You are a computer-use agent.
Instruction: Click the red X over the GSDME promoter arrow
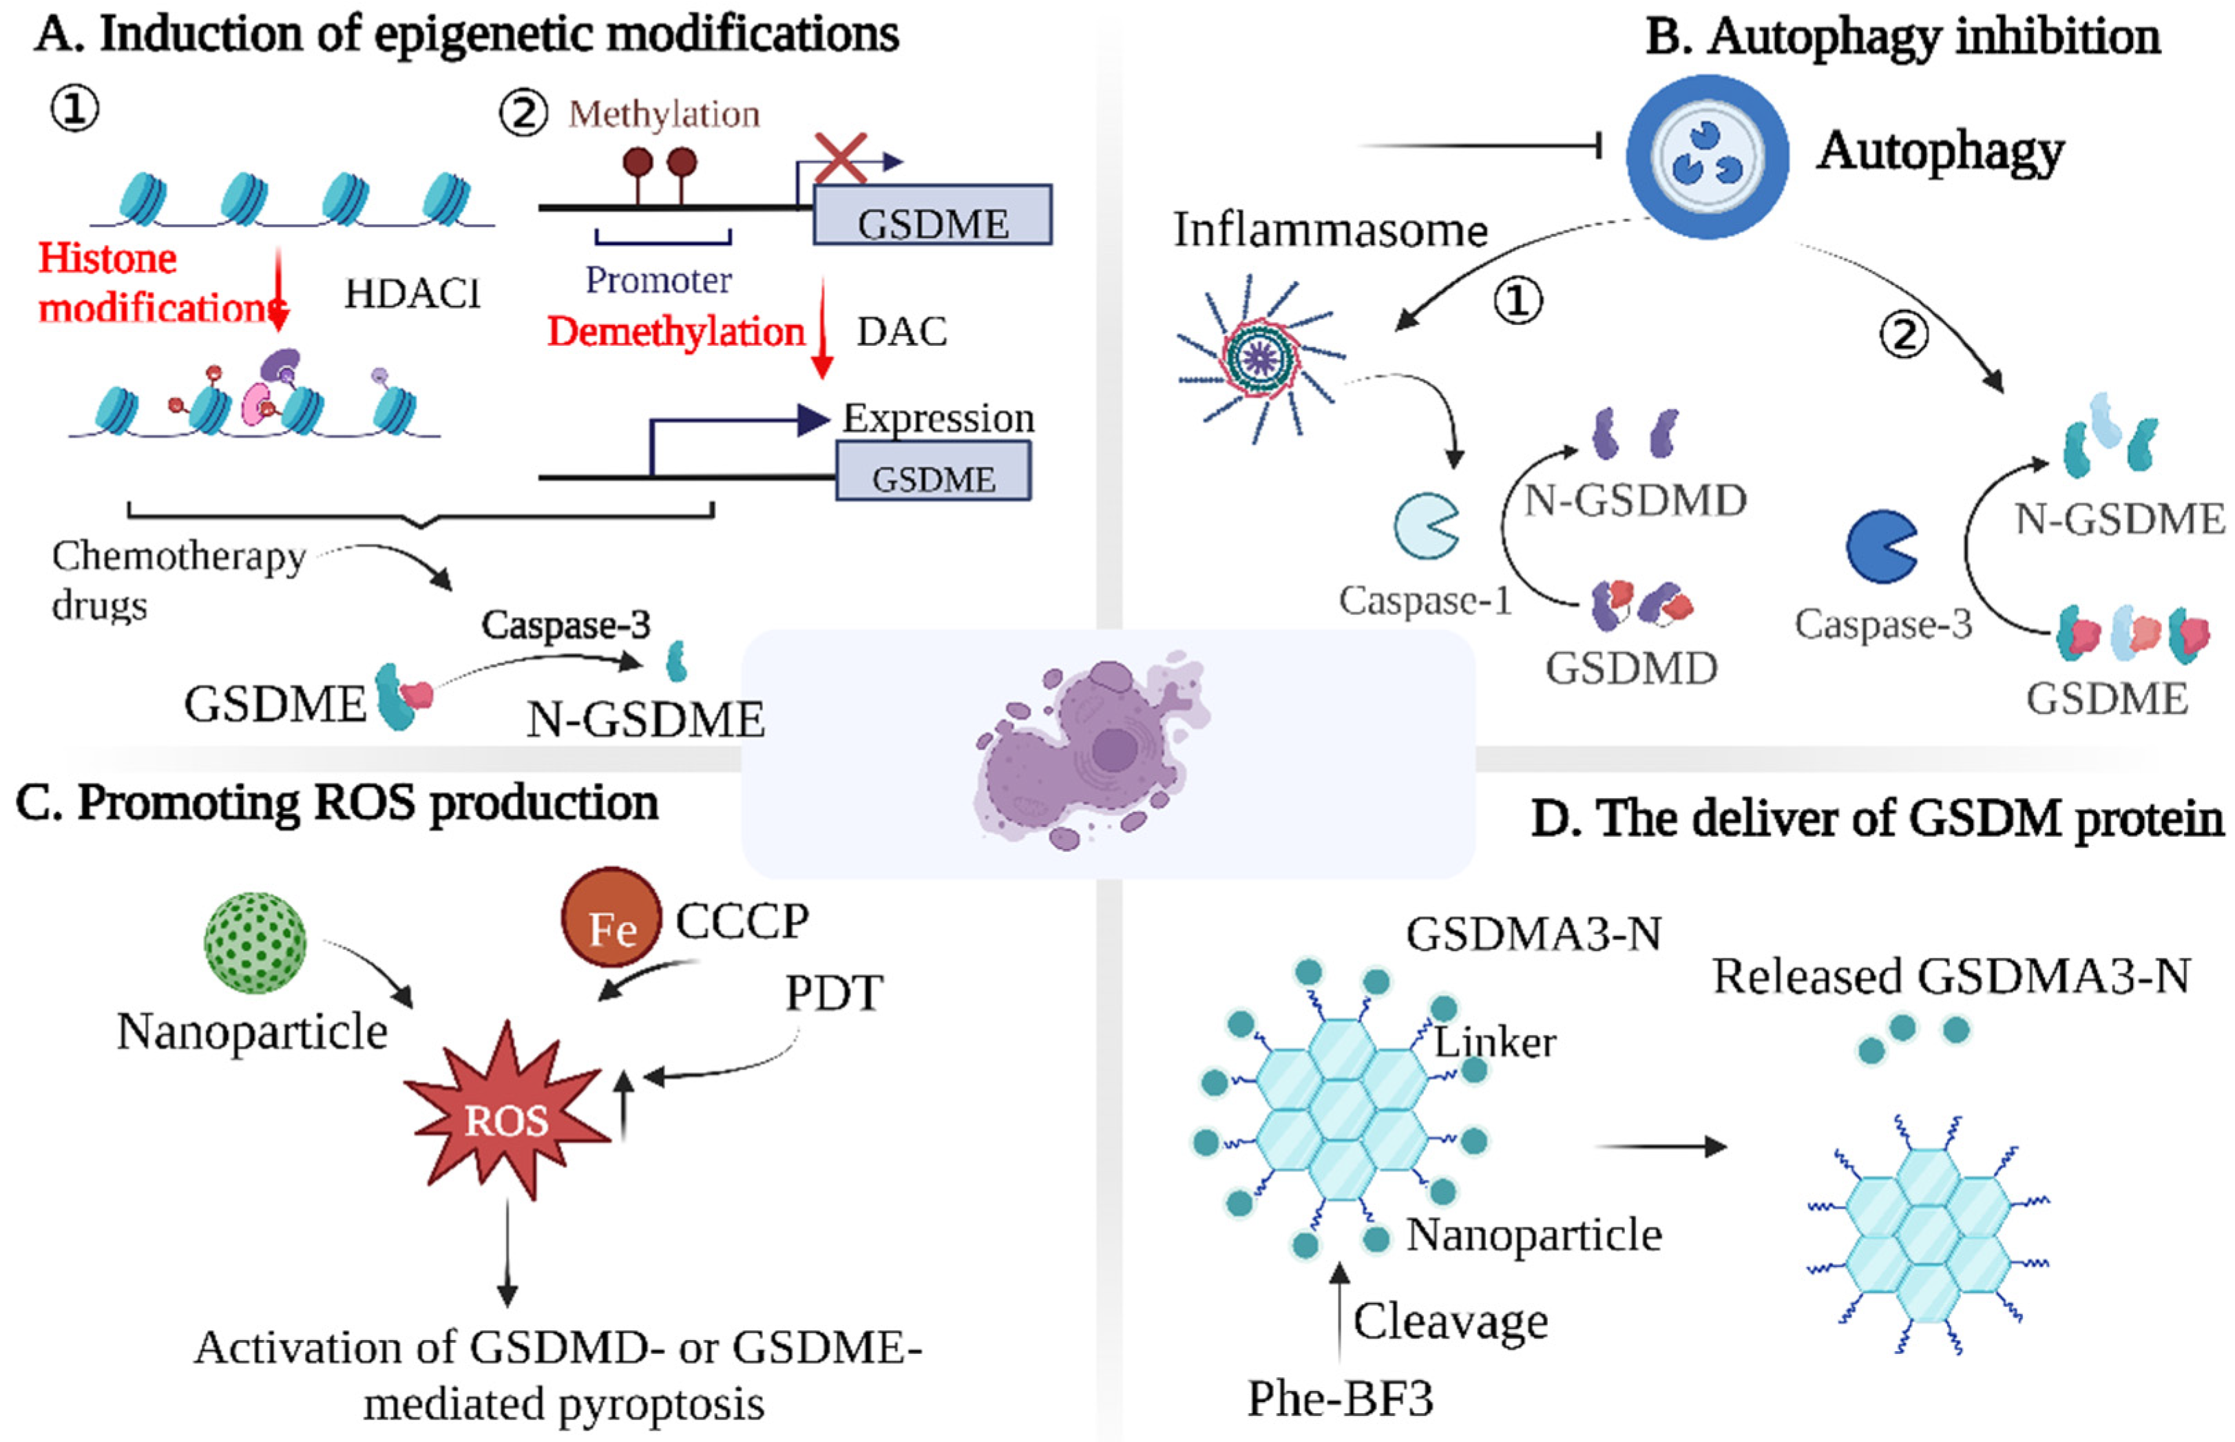(840, 158)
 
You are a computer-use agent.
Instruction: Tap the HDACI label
(412, 294)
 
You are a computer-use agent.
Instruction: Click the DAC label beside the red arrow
(902, 331)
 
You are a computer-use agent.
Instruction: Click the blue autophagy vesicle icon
(1706, 156)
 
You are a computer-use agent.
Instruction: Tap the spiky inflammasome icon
(1260, 357)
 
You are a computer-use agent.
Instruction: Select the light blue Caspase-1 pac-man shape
(1424, 525)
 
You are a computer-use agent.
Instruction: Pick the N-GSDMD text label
(1635, 500)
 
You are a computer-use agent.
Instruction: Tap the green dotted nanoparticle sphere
(255, 942)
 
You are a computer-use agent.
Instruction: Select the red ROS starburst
(507, 1114)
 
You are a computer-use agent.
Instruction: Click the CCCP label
(742, 921)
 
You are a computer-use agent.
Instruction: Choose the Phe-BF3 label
(1340, 1399)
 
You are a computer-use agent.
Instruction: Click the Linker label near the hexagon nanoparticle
(1494, 1042)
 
